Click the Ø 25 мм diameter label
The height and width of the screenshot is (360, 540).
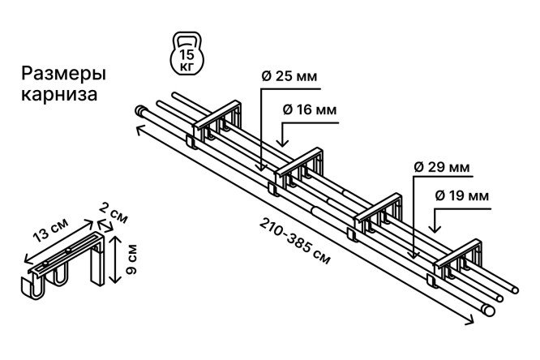(x=289, y=76)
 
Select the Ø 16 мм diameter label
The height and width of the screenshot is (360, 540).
(x=310, y=110)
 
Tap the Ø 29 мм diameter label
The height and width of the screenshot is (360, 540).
(x=442, y=167)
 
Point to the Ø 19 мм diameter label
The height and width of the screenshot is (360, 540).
(x=462, y=195)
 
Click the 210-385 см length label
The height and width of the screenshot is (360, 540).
(x=294, y=241)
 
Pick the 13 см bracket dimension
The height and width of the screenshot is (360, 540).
(x=50, y=230)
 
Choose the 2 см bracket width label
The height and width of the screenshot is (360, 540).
(x=114, y=213)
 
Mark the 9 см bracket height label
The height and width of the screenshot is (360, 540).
(x=131, y=259)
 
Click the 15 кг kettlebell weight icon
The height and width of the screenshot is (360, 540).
(x=187, y=53)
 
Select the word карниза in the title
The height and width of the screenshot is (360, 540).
(x=59, y=94)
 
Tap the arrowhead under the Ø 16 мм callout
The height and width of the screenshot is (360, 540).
(x=284, y=142)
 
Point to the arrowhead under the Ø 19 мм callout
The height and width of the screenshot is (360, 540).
(x=435, y=228)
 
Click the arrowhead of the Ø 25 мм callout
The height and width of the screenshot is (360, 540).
(x=261, y=167)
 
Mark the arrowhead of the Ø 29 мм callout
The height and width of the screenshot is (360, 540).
(x=414, y=255)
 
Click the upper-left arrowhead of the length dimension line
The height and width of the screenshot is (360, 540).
(x=139, y=130)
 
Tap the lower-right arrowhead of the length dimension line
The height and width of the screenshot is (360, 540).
(x=470, y=321)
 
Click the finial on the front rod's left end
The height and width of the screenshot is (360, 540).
(x=139, y=110)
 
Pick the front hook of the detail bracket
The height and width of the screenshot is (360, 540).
(x=32, y=286)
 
